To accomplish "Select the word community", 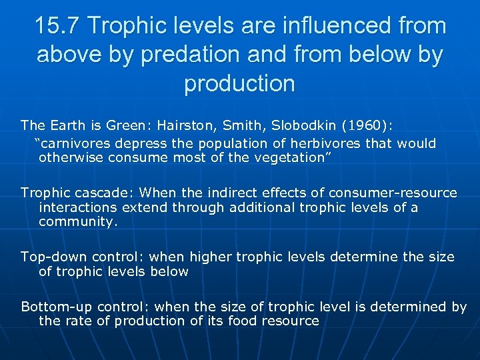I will pyautogui.click(x=77, y=222).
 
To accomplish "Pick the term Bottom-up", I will pyautogui.click(x=57, y=307).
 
